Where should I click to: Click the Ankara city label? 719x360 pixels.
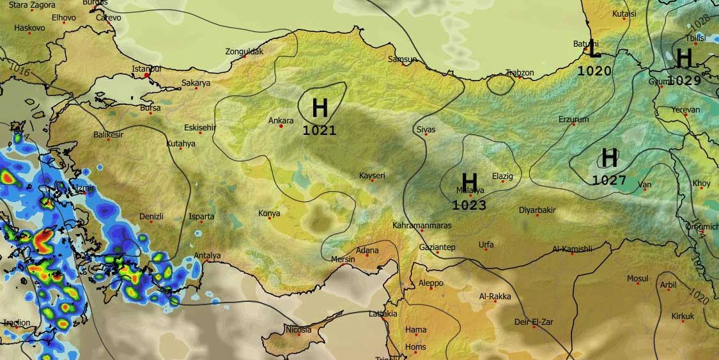point(281,120)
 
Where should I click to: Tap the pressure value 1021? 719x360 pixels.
point(320,131)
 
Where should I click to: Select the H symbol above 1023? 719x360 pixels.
point(469,181)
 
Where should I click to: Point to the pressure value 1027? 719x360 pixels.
point(609,180)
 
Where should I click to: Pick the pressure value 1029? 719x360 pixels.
point(684,81)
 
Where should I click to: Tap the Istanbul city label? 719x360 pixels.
point(146,68)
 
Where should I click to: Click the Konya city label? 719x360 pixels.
point(269,213)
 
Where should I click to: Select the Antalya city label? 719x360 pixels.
point(207,256)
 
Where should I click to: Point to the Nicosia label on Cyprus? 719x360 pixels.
point(298,329)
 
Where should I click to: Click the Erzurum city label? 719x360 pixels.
point(573,120)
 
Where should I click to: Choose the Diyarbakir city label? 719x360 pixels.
point(537,210)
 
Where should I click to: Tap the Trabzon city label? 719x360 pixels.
point(520,73)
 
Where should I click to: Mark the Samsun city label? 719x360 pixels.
point(403,59)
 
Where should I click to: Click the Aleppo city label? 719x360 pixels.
point(430,283)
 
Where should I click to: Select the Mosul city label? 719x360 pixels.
point(637,278)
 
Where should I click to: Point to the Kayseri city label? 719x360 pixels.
point(372,175)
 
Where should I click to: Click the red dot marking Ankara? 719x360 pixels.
point(281,126)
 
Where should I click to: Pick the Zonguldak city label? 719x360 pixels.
point(244,51)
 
